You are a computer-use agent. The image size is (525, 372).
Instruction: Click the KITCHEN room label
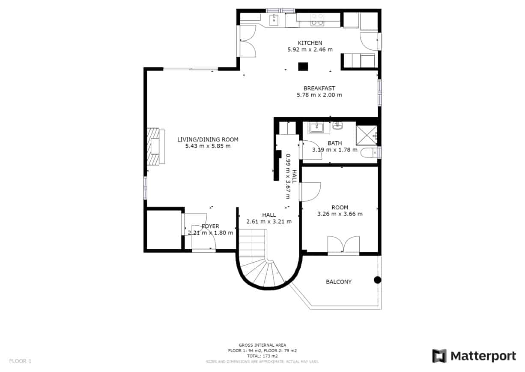tap(310, 43)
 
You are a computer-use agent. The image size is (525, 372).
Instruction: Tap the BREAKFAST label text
tap(319, 88)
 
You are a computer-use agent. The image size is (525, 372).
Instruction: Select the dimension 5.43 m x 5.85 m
tap(208, 146)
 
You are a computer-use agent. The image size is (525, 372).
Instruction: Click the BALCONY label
tap(339, 282)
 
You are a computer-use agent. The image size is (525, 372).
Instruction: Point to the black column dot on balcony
tap(377, 280)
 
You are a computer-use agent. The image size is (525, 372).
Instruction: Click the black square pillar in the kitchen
tap(303, 67)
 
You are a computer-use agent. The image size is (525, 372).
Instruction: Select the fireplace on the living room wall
tap(155, 146)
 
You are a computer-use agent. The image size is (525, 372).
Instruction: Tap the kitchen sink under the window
tap(274, 19)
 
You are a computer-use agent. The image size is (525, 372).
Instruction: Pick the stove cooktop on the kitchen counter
tap(317, 19)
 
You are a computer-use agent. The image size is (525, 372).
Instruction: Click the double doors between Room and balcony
tap(343, 245)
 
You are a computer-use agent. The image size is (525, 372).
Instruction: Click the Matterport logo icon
tap(439, 356)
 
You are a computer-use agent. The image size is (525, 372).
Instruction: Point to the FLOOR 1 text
tap(20, 361)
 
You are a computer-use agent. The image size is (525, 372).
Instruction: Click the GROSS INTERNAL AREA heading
tap(262, 345)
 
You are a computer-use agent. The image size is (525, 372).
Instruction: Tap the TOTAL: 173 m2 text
tap(262, 356)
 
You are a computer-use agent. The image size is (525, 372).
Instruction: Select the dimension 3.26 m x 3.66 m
tap(340, 214)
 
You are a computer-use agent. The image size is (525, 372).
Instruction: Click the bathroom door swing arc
tap(312, 150)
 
